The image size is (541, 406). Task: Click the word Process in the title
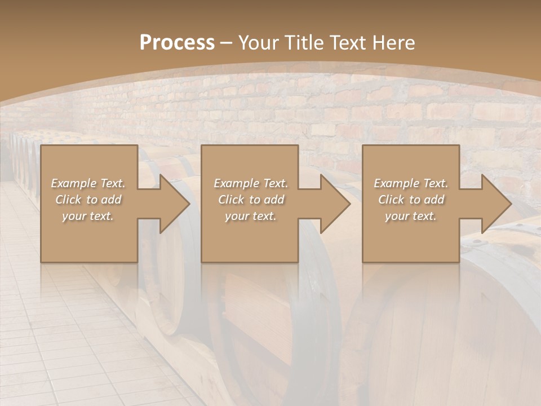point(177,43)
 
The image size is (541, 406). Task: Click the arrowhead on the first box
point(174,204)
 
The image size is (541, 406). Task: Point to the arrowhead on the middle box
point(335,204)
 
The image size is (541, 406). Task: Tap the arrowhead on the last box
point(496,204)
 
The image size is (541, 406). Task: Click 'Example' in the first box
point(73,183)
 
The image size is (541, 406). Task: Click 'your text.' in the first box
point(88,216)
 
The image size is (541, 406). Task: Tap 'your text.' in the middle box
point(251,216)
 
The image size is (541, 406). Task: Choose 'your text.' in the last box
point(411,216)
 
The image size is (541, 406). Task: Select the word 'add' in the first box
point(112,200)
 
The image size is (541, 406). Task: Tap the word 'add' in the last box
point(434,200)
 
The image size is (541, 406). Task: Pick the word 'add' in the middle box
point(274,200)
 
